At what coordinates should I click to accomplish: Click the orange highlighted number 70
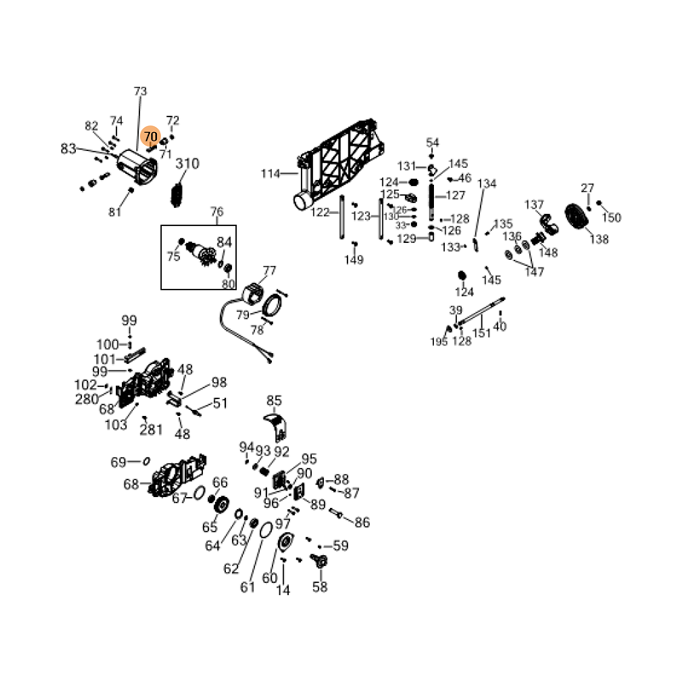[x=151, y=136]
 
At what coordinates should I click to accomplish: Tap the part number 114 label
[x=270, y=174]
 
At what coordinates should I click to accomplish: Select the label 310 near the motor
[x=187, y=165]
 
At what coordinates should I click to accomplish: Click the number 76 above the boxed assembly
[x=217, y=212]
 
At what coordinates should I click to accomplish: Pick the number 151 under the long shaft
[x=482, y=333]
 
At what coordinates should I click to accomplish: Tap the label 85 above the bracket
[x=274, y=401]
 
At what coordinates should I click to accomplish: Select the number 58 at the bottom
[x=320, y=587]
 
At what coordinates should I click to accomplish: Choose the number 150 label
[x=611, y=217]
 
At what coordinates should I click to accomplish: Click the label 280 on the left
[x=87, y=399]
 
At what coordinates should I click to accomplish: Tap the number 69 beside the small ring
[x=118, y=462]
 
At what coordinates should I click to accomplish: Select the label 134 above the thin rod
[x=487, y=184]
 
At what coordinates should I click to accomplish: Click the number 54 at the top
[x=432, y=142]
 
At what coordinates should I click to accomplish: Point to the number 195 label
[x=438, y=342]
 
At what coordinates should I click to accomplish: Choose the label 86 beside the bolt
[x=361, y=523]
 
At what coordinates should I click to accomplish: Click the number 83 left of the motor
[x=69, y=149]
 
